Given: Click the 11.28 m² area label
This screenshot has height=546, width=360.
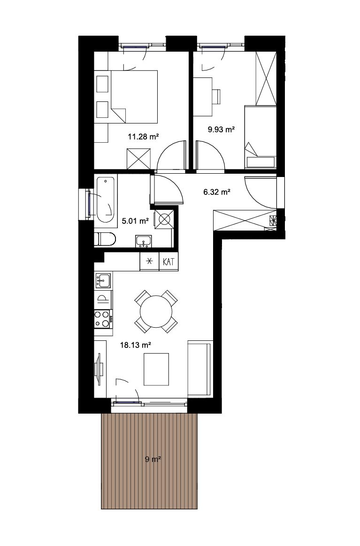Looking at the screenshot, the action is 143,137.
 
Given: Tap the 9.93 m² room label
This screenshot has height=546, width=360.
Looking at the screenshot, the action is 221,130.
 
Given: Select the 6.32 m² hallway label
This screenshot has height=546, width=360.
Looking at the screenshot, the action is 216,192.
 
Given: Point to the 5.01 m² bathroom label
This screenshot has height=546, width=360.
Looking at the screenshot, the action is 135,221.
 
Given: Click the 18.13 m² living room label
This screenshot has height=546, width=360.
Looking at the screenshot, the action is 136,345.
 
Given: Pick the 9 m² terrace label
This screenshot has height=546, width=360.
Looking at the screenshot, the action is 153,459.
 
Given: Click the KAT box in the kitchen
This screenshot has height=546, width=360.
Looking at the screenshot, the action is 169,261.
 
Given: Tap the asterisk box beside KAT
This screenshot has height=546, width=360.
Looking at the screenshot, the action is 149,261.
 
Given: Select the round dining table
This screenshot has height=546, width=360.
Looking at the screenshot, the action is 156,311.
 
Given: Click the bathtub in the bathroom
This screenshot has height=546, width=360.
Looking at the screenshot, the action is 105,200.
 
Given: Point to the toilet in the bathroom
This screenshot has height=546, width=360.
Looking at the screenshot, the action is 105,239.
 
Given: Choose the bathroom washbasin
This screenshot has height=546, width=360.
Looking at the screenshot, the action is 144,241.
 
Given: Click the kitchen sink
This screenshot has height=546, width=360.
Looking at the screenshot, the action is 103,280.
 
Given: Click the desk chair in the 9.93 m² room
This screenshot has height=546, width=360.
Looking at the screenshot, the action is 216,97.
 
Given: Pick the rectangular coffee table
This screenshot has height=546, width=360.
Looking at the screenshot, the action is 156,369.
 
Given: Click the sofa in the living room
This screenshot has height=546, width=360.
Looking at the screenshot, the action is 200,369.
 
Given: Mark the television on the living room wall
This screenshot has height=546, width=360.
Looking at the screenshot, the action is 99,369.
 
